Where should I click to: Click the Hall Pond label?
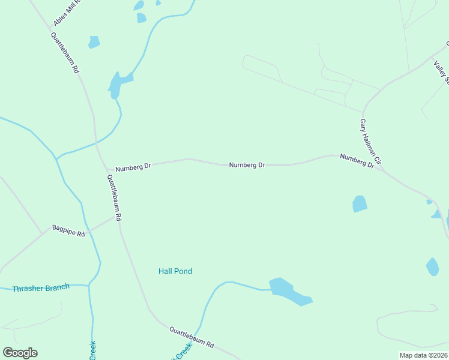point(175,271)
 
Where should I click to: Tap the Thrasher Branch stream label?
point(41,287)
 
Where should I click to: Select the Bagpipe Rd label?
point(68,230)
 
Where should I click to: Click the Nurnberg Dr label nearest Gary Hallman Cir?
point(357,160)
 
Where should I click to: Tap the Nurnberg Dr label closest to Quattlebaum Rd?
point(133,167)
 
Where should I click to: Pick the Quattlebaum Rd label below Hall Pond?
point(191,337)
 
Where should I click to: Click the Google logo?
point(20,353)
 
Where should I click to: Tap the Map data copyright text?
point(424,355)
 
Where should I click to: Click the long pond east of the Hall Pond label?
point(289,292)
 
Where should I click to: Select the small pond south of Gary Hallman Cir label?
point(360,203)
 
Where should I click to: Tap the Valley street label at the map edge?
point(442,72)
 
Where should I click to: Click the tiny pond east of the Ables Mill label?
point(94,42)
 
